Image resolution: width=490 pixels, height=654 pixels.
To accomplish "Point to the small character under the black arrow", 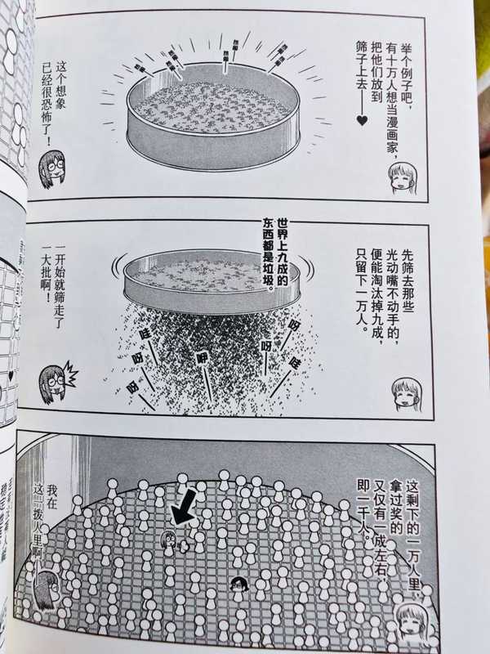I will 167,540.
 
